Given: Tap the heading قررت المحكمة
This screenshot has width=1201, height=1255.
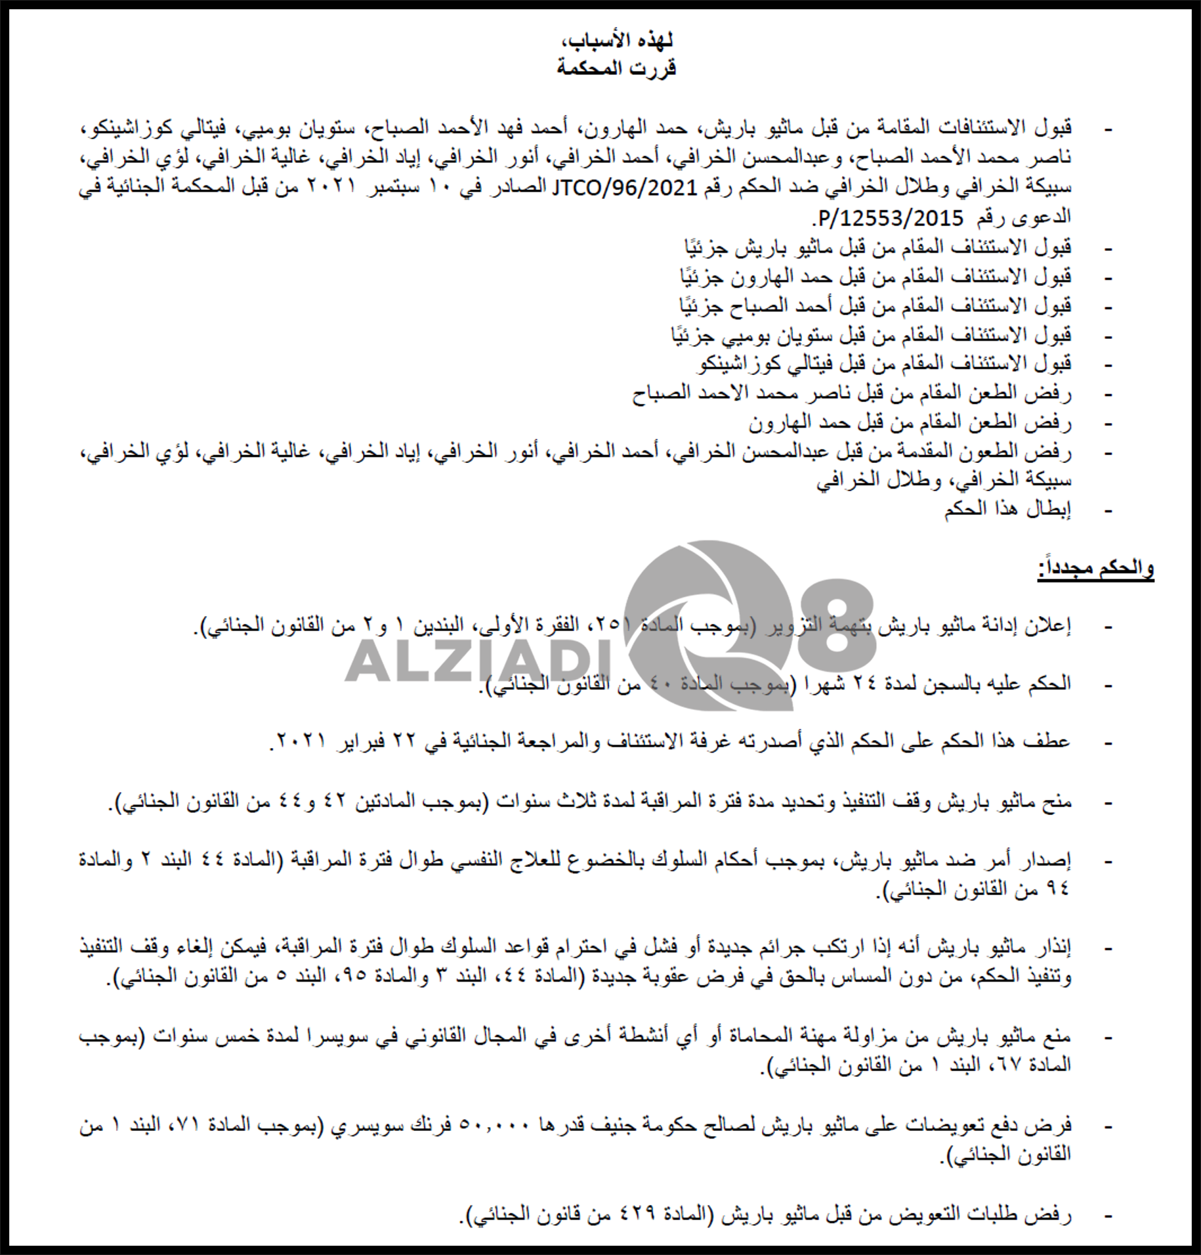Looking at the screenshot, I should [616, 68].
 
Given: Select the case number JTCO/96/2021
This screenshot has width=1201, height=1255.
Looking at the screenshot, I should [624, 188].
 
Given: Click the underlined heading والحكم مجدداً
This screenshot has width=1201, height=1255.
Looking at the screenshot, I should [1095, 569].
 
